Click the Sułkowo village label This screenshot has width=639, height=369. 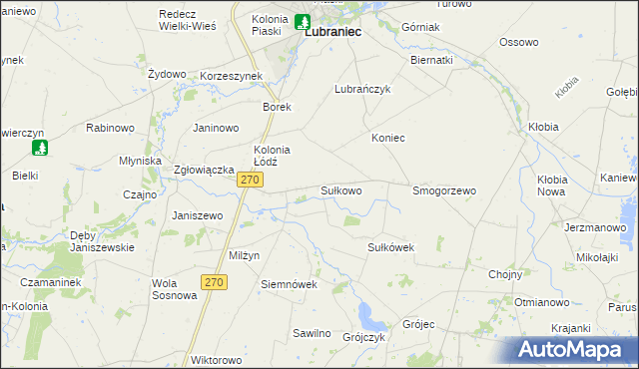(x=340, y=189)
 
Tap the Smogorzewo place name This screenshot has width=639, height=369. (x=444, y=189)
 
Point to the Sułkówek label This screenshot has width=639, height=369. (x=390, y=246)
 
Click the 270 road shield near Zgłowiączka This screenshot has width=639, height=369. (x=251, y=180)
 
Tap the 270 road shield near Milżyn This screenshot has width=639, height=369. (x=213, y=283)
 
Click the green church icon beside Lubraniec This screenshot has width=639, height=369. (x=303, y=21)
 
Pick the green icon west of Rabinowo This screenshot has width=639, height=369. (x=40, y=148)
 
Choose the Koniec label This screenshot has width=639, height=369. (x=388, y=138)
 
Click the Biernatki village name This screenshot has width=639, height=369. (x=431, y=59)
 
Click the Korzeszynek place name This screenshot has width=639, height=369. (x=231, y=75)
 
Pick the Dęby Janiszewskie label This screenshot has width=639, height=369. (x=102, y=241)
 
